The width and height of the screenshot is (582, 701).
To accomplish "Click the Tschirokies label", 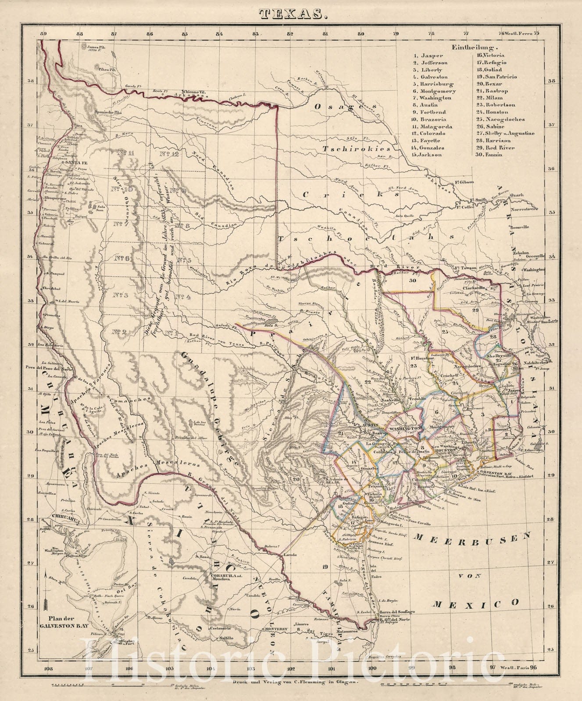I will pos(356,149).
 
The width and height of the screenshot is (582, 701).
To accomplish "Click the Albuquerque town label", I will pos(54,199).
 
